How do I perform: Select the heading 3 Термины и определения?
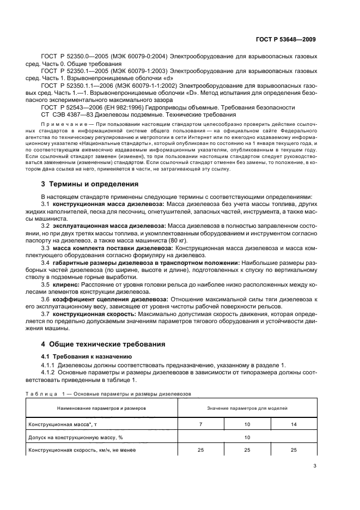click(x=90, y=184)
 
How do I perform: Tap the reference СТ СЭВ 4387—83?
click(x=67, y=115)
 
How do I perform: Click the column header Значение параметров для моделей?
click(x=247, y=408)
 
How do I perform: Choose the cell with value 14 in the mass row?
click(x=294, y=423)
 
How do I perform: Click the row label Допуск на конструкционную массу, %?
click(x=74, y=437)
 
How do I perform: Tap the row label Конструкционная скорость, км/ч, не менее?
click(x=82, y=451)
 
